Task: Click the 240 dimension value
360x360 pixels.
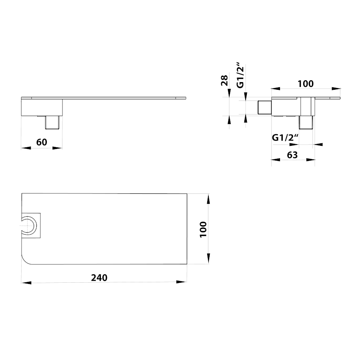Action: coord(99,278)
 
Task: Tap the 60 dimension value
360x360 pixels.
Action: coord(42,142)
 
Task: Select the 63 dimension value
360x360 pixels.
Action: coord(292,155)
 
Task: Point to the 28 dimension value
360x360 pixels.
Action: coord(224,80)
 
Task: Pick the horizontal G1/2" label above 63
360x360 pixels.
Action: coord(285,137)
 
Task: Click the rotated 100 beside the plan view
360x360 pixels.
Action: coord(203,229)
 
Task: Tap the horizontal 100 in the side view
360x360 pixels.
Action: coord(306,84)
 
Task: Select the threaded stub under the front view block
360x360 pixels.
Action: coord(52,123)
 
